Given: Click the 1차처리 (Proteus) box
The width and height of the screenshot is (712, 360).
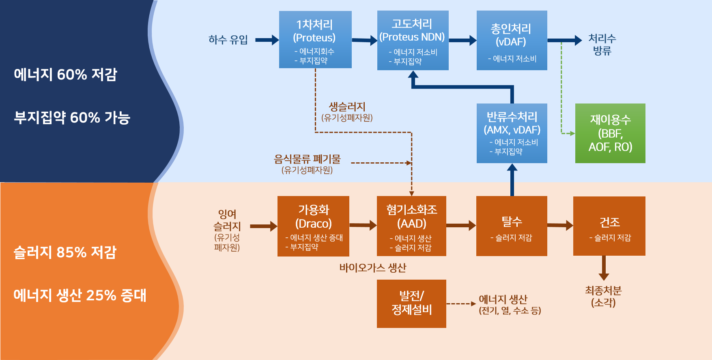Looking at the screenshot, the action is (315, 39).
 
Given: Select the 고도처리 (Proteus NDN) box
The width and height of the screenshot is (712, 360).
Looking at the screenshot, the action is (413, 40).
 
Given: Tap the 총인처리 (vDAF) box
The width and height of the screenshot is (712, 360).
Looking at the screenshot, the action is (512, 40).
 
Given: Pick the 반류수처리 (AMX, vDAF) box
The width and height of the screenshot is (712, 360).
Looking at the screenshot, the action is (512, 133).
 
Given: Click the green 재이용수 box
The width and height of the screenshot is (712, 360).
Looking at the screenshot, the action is (610, 133).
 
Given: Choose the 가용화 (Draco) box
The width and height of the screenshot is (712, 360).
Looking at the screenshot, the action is (313, 226).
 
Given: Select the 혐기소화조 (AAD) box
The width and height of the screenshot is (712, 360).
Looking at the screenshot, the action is (411, 226).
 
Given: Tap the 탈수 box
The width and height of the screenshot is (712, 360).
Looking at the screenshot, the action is (512, 226).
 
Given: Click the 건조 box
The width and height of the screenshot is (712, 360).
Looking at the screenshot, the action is (609, 226).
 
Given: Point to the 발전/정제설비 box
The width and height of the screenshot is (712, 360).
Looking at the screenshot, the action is (411, 304).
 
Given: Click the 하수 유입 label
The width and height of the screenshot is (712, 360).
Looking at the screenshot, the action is (228, 40).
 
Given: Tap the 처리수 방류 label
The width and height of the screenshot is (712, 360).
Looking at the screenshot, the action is (602, 45).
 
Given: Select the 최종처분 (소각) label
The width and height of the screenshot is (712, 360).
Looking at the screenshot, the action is (603, 297).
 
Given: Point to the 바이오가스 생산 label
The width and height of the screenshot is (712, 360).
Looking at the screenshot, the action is (373, 268).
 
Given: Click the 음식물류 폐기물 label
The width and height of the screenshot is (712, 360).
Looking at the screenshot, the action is (308, 159).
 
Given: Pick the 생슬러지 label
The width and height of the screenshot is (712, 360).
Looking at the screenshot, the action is (347, 107).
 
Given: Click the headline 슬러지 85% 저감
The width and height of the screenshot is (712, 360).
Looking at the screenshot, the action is (65, 252).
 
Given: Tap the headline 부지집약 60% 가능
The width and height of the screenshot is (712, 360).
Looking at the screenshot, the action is (72, 117).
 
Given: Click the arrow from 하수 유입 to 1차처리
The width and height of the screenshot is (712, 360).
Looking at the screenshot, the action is (267, 40).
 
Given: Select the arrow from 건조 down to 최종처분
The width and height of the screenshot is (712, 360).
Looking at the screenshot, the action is (604, 268).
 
